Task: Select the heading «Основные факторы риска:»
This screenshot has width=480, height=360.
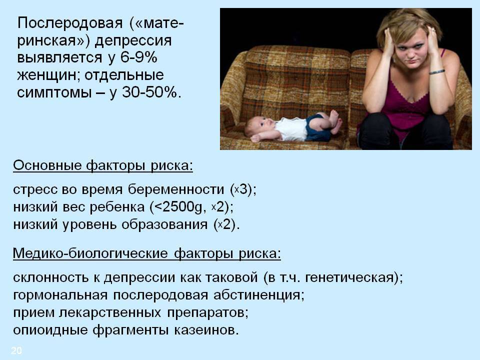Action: click(x=102, y=166)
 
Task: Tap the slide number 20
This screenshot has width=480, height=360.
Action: click(x=16, y=350)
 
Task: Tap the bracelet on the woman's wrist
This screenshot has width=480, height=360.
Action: click(x=436, y=71)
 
